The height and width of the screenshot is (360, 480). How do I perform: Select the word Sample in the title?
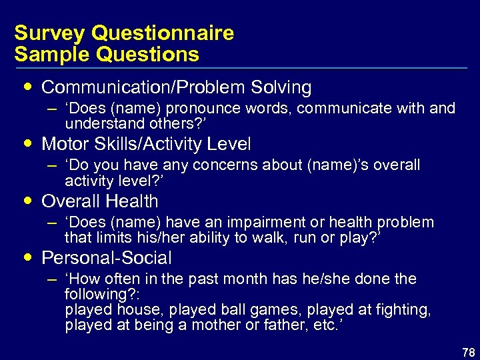point(48,54)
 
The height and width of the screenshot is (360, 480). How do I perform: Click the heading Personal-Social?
point(107,258)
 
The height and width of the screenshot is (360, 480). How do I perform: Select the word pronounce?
point(206,109)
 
